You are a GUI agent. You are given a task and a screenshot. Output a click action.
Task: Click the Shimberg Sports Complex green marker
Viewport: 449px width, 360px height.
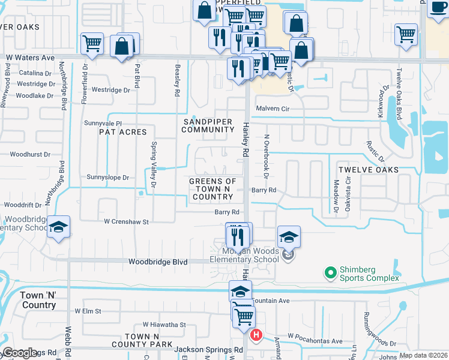coord(330,274)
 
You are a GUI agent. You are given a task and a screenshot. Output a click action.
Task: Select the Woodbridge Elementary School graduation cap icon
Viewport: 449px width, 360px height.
coord(59,228)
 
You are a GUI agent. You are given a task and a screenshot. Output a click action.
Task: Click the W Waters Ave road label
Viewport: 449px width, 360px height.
coord(30,57)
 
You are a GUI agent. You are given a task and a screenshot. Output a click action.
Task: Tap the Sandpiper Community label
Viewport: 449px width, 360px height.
coord(207,126)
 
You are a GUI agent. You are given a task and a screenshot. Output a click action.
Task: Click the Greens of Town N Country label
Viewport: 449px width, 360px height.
coord(212,189)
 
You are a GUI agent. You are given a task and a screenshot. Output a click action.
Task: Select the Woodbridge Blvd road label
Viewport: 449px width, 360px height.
coord(158,262)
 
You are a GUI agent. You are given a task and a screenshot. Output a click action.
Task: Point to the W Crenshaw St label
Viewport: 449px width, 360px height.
coord(126,222)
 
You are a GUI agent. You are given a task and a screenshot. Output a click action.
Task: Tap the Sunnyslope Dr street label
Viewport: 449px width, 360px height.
coord(108,178)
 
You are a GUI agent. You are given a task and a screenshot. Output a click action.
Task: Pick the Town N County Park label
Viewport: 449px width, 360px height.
coord(149,340)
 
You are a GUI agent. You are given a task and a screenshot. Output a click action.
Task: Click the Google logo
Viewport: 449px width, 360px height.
coord(20,353)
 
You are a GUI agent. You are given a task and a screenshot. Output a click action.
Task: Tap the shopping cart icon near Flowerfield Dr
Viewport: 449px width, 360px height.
coord(92,43)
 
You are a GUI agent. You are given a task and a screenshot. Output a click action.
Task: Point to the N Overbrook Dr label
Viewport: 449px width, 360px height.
coord(265,155)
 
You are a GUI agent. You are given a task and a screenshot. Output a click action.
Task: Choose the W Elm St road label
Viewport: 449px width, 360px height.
coord(88,311)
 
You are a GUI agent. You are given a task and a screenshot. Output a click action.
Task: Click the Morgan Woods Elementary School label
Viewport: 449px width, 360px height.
coord(244,255)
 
